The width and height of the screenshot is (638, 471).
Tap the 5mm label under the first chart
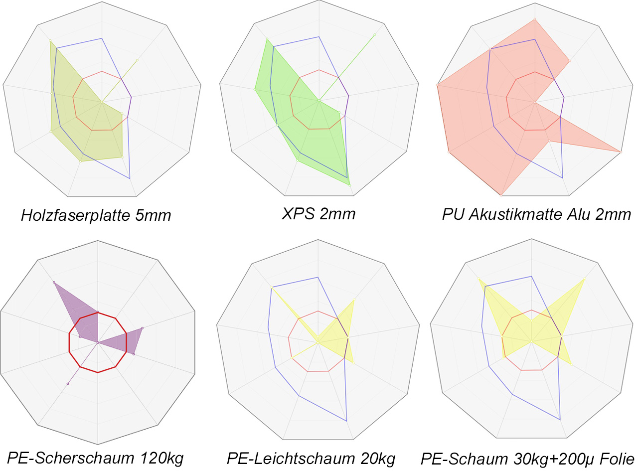(x=156, y=216)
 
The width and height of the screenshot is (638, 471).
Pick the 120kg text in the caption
(x=159, y=458)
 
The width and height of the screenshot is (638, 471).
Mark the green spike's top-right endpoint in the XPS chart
(x=374, y=35)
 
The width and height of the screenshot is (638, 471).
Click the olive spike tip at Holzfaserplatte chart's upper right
(x=137, y=60)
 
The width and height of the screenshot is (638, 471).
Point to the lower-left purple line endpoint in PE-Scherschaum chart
(x=67, y=383)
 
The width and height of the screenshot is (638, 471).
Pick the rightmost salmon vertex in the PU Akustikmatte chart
(x=621, y=152)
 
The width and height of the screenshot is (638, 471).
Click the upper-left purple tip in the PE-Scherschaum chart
(x=53, y=283)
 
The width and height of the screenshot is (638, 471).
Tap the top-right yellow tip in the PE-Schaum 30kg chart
(x=584, y=280)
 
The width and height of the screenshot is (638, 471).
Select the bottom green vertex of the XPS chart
(x=350, y=185)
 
